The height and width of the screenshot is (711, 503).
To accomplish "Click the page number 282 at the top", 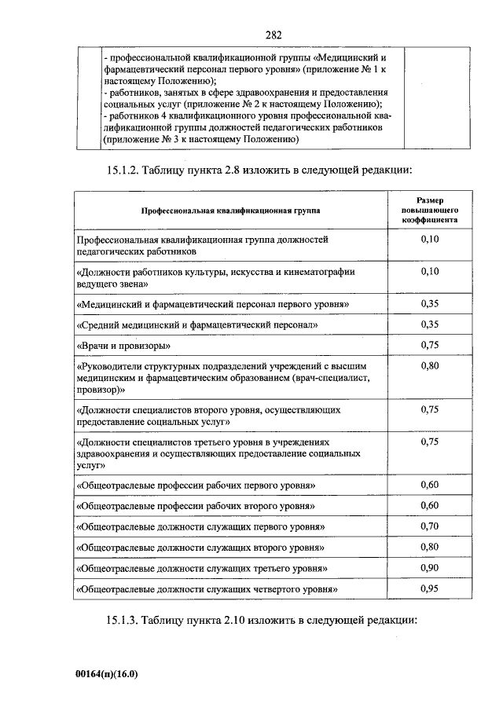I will click(274, 35).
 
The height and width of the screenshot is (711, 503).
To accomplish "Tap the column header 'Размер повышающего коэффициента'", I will click(429, 211).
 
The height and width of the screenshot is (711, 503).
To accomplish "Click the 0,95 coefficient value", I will click(429, 587).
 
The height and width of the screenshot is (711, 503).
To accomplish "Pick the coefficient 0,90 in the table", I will click(429, 566).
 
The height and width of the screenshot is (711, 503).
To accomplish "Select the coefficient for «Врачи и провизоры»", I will click(429, 344).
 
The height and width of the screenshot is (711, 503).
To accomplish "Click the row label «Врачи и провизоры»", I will click(123, 346).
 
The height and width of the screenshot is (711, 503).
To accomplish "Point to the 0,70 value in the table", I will click(429, 525).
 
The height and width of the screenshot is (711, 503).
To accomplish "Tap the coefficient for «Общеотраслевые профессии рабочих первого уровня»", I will click(429, 483).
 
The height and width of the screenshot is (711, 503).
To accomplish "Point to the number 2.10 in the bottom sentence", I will click(231, 621).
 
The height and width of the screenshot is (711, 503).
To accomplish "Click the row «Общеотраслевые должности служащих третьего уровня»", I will click(201, 567).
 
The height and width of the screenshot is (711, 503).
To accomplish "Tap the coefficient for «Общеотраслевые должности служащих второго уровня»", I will click(429, 546).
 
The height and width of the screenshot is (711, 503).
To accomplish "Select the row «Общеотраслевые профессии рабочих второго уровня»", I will click(196, 505).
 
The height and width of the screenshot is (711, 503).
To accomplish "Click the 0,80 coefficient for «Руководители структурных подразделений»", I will click(429, 365).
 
